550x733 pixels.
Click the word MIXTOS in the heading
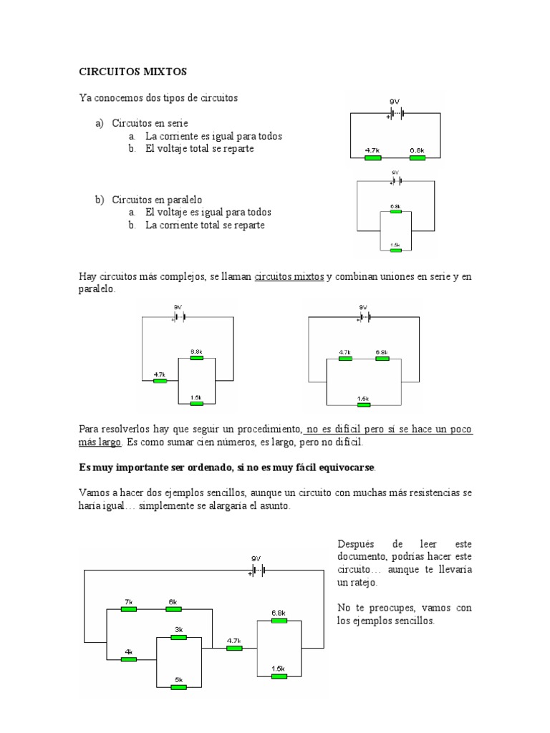click(162, 72)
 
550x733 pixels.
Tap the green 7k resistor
click(128, 609)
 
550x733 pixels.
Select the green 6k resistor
click(173, 609)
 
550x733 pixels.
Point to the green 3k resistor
click(178, 636)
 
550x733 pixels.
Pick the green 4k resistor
click(128, 659)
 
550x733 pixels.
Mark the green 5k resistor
click(178, 687)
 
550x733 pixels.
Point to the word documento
click(361, 557)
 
